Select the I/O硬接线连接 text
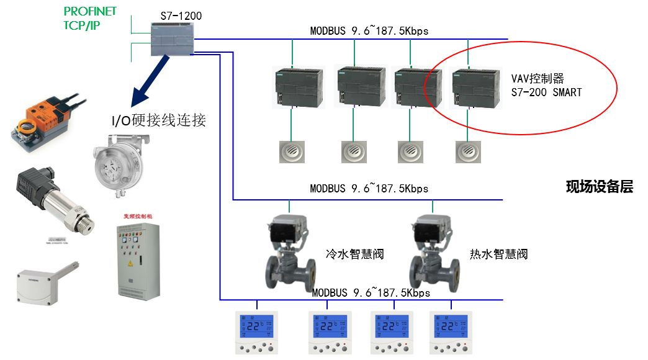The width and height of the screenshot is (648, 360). point(158,120)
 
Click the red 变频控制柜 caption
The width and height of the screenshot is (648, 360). point(136,217)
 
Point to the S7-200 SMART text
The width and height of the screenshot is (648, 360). point(546,92)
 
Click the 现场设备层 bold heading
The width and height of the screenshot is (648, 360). point(599,187)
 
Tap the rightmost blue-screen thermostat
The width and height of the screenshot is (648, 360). point(451,332)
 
